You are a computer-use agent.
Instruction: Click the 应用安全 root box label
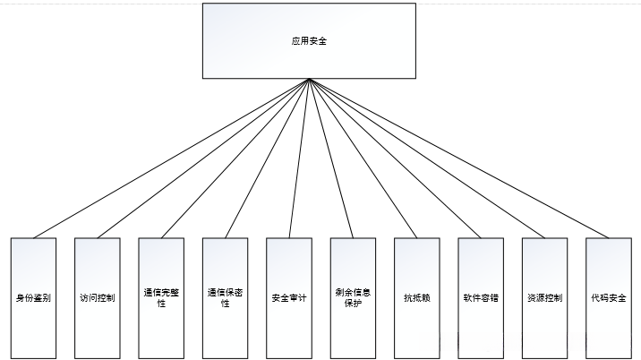pos(309,41)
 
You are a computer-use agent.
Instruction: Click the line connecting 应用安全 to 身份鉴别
pos(171,159)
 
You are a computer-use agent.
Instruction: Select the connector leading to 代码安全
pos(458,159)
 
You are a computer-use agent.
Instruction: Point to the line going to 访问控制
pos(203,159)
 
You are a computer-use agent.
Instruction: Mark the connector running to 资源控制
pos(427,159)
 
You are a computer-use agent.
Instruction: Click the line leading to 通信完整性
pos(235,159)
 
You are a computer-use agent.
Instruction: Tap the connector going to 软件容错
pos(395,159)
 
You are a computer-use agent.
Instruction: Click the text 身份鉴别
pos(33,297)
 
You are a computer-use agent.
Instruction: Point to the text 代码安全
pos(609,297)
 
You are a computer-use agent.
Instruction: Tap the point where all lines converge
pos(309,80)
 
